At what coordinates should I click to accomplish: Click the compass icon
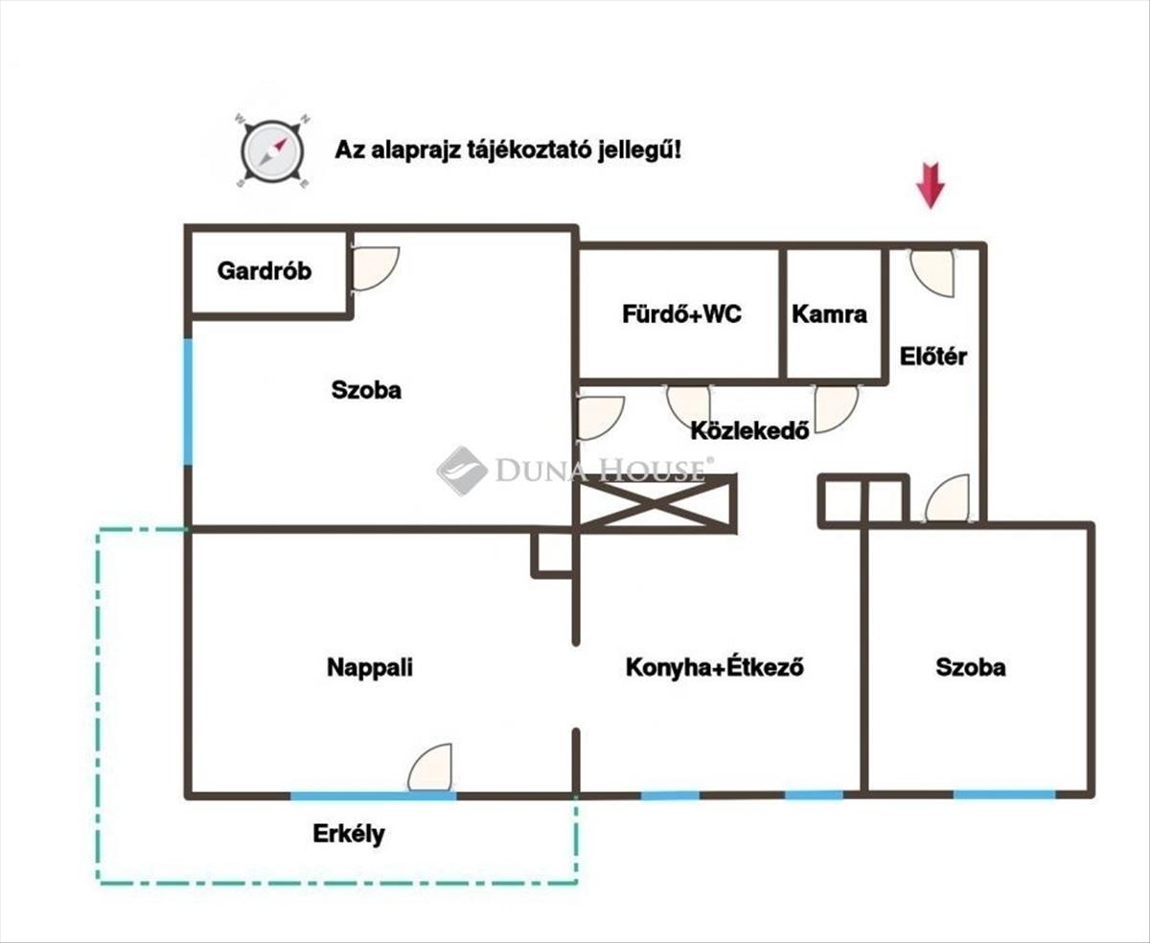(271, 150)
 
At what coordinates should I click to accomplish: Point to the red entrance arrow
(930, 185)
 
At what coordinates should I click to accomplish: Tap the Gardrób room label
(264, 271)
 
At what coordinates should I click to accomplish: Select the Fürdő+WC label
(681, 314)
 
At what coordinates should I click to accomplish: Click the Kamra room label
(830, 314)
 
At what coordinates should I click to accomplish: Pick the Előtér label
(933, 357)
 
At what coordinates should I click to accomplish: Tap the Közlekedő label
(750, 430)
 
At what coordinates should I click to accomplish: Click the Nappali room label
(370, 667)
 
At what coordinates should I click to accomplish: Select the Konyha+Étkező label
(714, 667)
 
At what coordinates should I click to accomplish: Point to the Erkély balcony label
(349, 834)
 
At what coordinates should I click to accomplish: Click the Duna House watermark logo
(463, 470)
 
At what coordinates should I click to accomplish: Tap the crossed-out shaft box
(656, 503)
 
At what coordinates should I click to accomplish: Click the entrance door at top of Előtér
(932, 272)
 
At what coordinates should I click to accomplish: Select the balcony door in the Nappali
(430, 768)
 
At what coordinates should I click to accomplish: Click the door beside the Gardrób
(374, 268)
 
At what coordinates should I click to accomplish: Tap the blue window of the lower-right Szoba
(1003, 794)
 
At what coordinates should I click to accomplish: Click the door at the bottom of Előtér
(949, 499)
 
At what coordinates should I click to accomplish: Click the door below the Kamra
(835, 407)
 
